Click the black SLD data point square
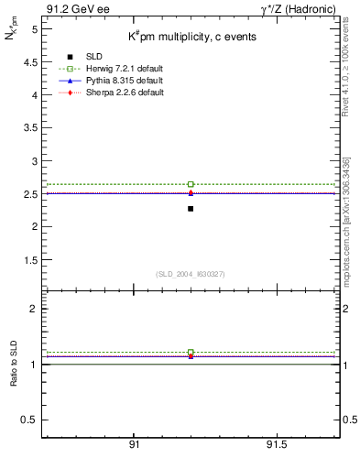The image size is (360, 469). [x=191, y=209]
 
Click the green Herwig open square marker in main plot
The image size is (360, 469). [x=191, y=184]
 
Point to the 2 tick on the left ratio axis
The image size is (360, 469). [x=33, y=309]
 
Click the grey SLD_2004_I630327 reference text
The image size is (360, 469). [x=191, y=274]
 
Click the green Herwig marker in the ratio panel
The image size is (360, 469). [x=191, y=352]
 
